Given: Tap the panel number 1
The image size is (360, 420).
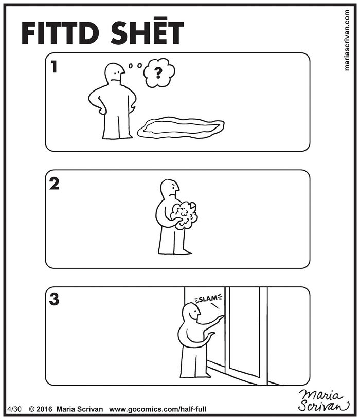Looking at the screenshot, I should point(54,67).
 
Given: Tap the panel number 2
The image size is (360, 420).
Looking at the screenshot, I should point(54,184).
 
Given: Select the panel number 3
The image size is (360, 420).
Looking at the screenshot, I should point(54,300).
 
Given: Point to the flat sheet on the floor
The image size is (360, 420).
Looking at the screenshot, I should point(181,127).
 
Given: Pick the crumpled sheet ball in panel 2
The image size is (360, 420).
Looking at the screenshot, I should point(185,214).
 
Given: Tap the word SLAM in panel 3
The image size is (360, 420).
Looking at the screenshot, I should point(208,298).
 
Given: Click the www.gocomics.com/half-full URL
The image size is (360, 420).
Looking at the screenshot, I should point(158,409).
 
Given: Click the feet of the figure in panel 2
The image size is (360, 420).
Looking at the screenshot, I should point(175,252).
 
